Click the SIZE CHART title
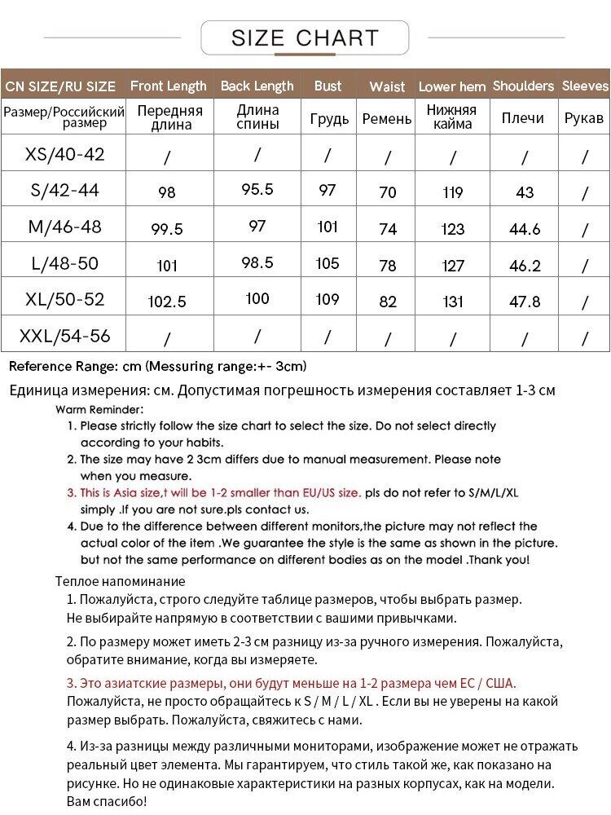(x=305, y=37)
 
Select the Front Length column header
(x=169, y=86)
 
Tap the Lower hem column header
(x=452, y=86)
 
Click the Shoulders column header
(x=523, y=86)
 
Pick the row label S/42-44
(x=64, y=190)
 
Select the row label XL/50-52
(x=64, y=299)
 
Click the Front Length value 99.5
(x=167, y=229)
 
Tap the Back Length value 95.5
(x=257, y=189)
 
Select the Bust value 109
(x=327, y=299)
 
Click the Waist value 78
(x=388, y=265)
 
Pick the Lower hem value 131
(x=452, y=302)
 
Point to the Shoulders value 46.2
(x=525, y=265)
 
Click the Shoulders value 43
(x=525, y=192)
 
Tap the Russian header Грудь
(x=329, y=119)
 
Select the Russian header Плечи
(x=522, y=118)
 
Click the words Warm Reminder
(x=99, y=409)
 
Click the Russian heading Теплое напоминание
(x=120, y=581)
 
